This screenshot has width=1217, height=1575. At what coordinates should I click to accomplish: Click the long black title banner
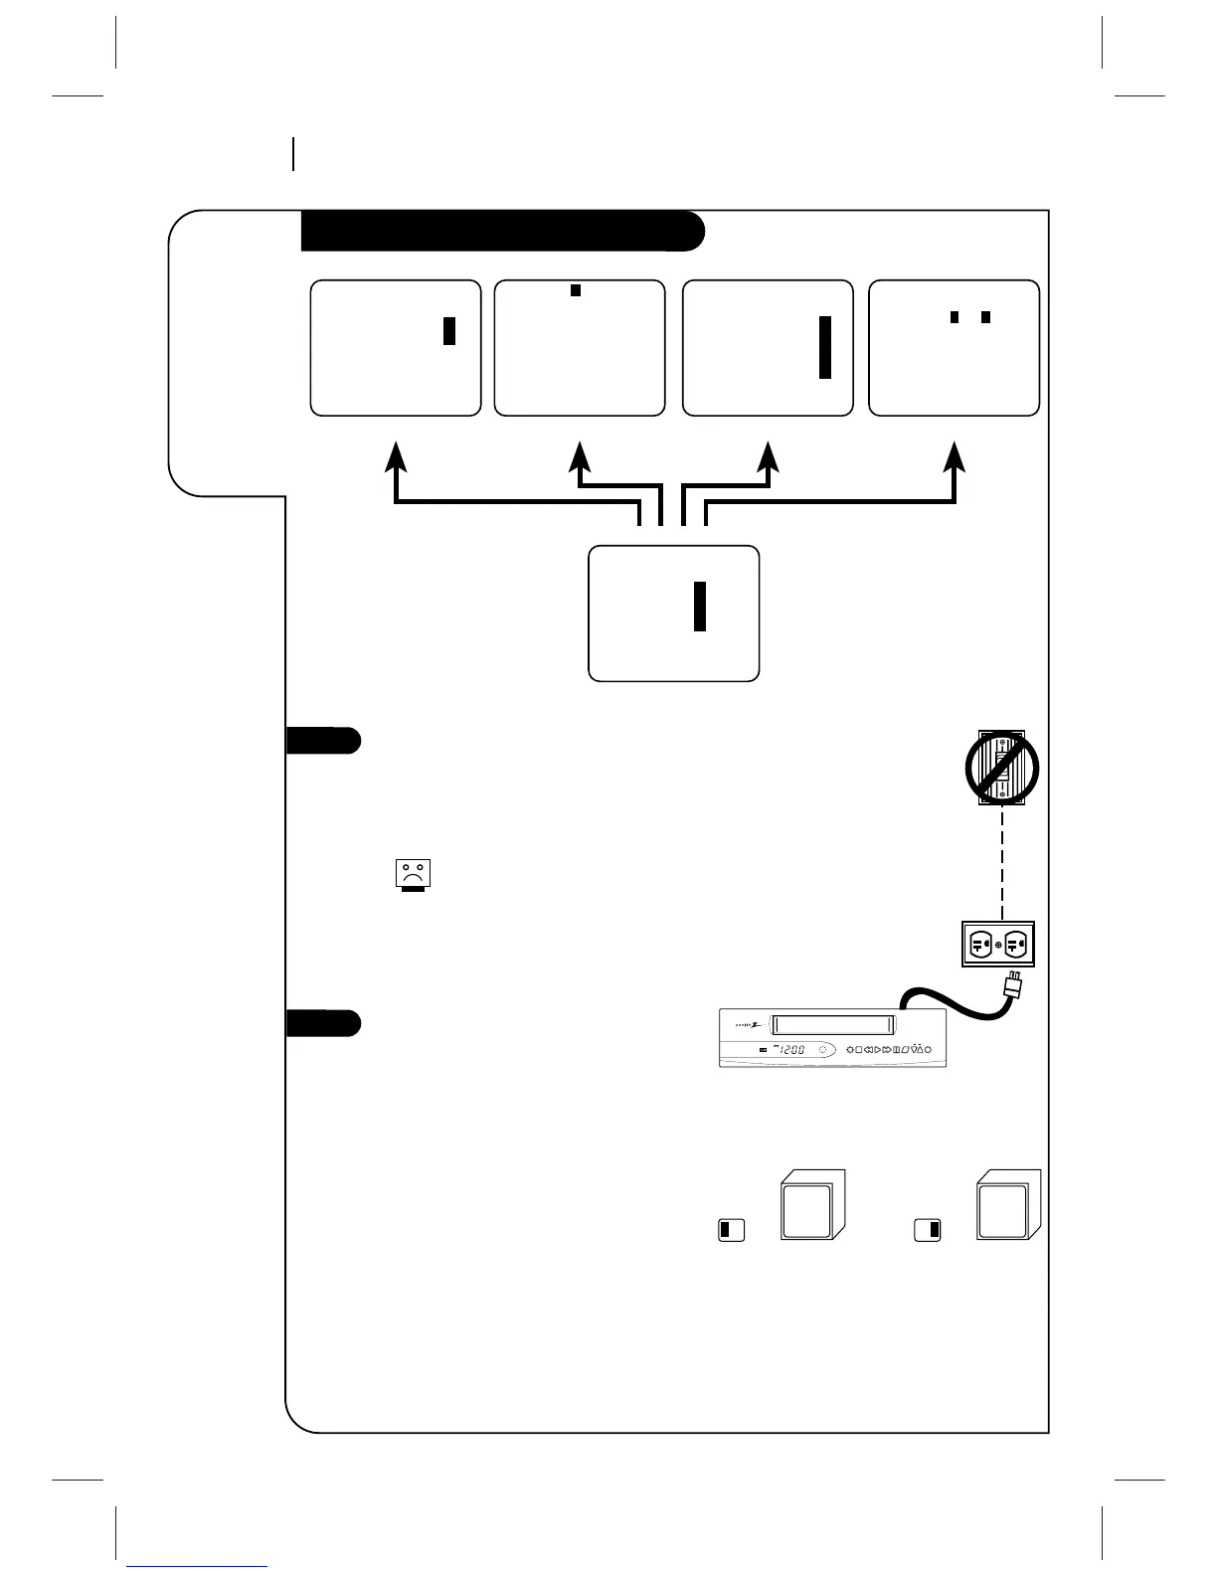click(502, 231)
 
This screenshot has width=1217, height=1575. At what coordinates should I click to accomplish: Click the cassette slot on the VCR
click(833, 1025)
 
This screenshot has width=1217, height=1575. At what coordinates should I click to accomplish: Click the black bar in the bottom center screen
click(700, 607)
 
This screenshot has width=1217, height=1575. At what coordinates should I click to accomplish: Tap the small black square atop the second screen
click(575, 290)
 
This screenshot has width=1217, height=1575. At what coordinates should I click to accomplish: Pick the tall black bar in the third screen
click(824, 347)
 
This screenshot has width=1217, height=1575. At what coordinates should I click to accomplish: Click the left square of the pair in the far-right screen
click(955, 317)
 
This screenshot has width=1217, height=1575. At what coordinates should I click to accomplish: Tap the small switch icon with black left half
click(731, 1230)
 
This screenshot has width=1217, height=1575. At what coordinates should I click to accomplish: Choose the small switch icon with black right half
click(928, 1230)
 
